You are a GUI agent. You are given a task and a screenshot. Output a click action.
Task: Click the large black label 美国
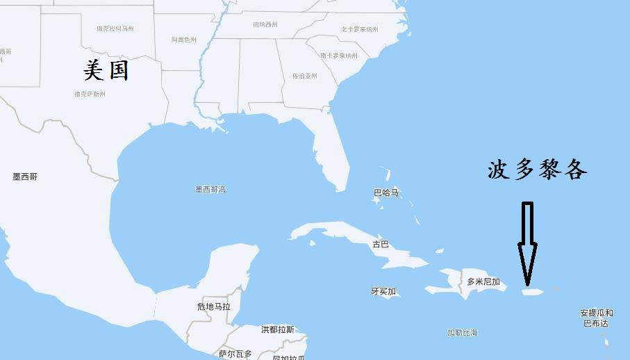click(x=106, y=70)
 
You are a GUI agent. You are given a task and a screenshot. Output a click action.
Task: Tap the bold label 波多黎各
click(x=537, y=170)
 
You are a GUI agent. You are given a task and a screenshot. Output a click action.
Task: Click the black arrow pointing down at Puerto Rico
click(x=527, y=243)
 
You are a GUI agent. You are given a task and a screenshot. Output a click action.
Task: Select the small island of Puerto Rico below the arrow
click(x=532, y=293)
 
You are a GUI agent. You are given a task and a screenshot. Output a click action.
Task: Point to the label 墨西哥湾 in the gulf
click(x=210, y=189)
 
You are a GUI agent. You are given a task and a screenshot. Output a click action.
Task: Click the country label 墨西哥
click(x=25, y=177)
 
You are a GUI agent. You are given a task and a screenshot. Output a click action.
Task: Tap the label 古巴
click(x=381, y=245)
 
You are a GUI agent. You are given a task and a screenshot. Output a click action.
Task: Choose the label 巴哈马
click(x=386, y=193)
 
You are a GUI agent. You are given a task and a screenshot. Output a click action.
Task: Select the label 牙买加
click(x=383, y=291)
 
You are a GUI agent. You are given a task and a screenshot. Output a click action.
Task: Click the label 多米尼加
click(x=483, y=281)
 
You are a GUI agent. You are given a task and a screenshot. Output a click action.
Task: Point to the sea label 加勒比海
click(x=463, y=333)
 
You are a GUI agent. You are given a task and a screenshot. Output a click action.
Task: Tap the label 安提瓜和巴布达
click(x=595, y=318)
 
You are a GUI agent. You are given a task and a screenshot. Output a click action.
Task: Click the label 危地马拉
click(x=214, y=306)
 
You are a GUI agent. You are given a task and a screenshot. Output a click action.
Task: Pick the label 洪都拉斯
click(x=278, y=329)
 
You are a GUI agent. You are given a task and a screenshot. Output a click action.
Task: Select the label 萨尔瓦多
click(x=235, y=354)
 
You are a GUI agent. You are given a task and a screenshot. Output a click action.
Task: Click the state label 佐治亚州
click(x=304, y=76)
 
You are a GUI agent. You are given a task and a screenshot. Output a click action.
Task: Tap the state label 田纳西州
click(x=265, y=24)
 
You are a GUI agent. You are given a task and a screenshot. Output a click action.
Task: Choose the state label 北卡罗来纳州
click(x=360, y=29)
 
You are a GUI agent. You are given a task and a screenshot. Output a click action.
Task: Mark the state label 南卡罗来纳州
click(x=339, y=56)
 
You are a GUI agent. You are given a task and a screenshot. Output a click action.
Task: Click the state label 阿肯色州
click(x=184, y=40)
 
